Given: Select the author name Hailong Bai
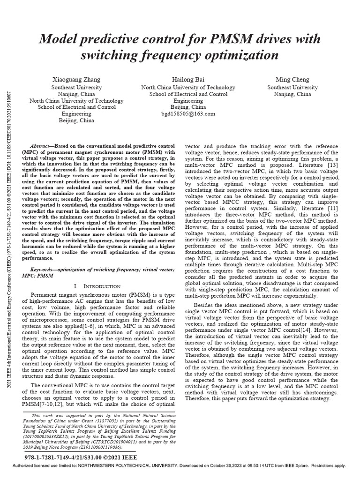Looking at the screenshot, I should (x=181, y=80).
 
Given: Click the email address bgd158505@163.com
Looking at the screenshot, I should (x=181, y=114).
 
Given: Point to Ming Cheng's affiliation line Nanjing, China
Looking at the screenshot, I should (x=292, y=94).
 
